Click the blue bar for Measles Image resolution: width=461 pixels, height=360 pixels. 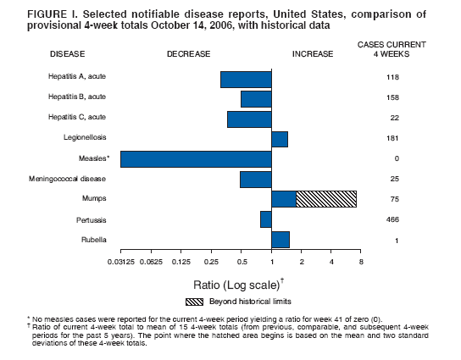196,159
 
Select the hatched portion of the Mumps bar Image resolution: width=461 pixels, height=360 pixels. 326,199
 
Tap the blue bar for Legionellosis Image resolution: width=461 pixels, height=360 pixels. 280,139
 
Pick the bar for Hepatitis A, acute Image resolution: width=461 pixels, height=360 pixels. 246,79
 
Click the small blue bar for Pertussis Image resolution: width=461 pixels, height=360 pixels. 265,219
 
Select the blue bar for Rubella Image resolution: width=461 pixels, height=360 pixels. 280,240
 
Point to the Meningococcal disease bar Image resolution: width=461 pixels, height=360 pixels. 255,180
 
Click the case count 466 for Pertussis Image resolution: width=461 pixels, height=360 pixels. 392,220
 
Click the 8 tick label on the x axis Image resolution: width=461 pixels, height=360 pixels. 361,263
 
